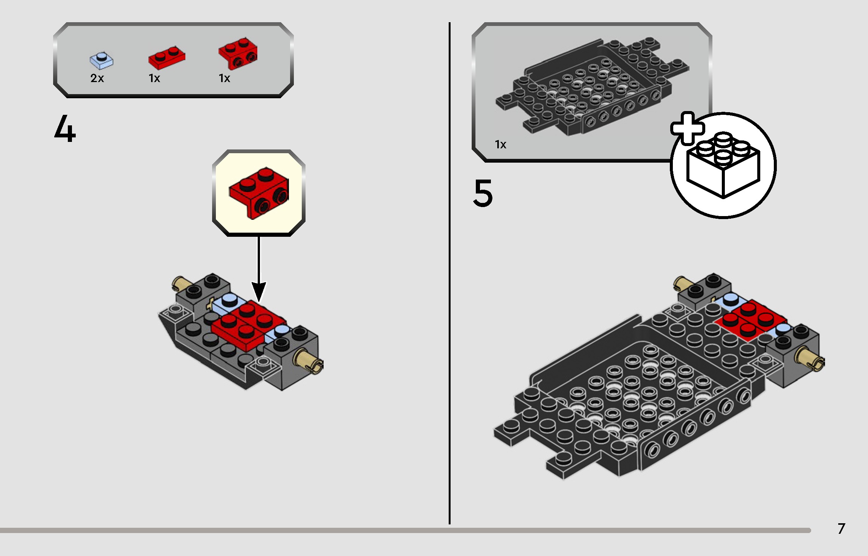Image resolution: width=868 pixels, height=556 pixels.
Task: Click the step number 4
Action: (x=65, y=129)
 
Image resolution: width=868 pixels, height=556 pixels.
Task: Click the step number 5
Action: (x=483, y=193)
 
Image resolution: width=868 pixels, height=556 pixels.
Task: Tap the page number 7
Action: (x=841, y=529)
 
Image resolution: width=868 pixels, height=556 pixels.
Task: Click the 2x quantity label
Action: (x=97, y=78)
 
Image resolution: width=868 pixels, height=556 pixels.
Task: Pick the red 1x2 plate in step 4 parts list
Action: (x=167, y=58)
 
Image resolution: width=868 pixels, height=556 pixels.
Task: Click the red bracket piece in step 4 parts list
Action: (x=238, y=54)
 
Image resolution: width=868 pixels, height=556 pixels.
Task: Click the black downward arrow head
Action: (x=259, y=292)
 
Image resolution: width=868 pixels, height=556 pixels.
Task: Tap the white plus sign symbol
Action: (x=688, y=128)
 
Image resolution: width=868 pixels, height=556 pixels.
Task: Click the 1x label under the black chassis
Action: (x=500, y=145)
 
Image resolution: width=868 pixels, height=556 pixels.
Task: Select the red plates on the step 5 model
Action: (x=750, y=320)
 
